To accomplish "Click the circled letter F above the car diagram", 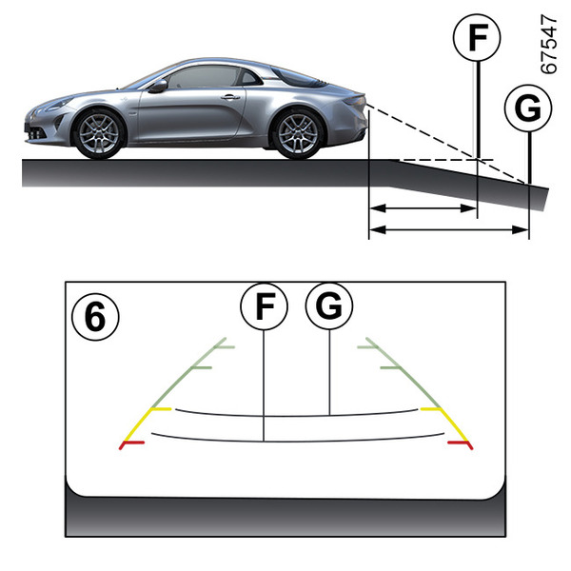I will pyautogui.click(x=476, y=39).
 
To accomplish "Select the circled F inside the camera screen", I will pyautogui.click(x=264, y=306).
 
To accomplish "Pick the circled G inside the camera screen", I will pyautogui.click(x=329, y=306).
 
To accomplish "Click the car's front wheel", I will pyautogui.click(x=99, y=132).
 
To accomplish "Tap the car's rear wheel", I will pyautogui.click(x=298, y=132).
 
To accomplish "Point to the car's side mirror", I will pyautogui.click(x=158, y=86).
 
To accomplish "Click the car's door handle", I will pyautogui.click(x=230, y=97).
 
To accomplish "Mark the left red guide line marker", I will pyautogui.click(x=130, y=443).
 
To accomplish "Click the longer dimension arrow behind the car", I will pyautogui.click(x=448, y=228).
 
